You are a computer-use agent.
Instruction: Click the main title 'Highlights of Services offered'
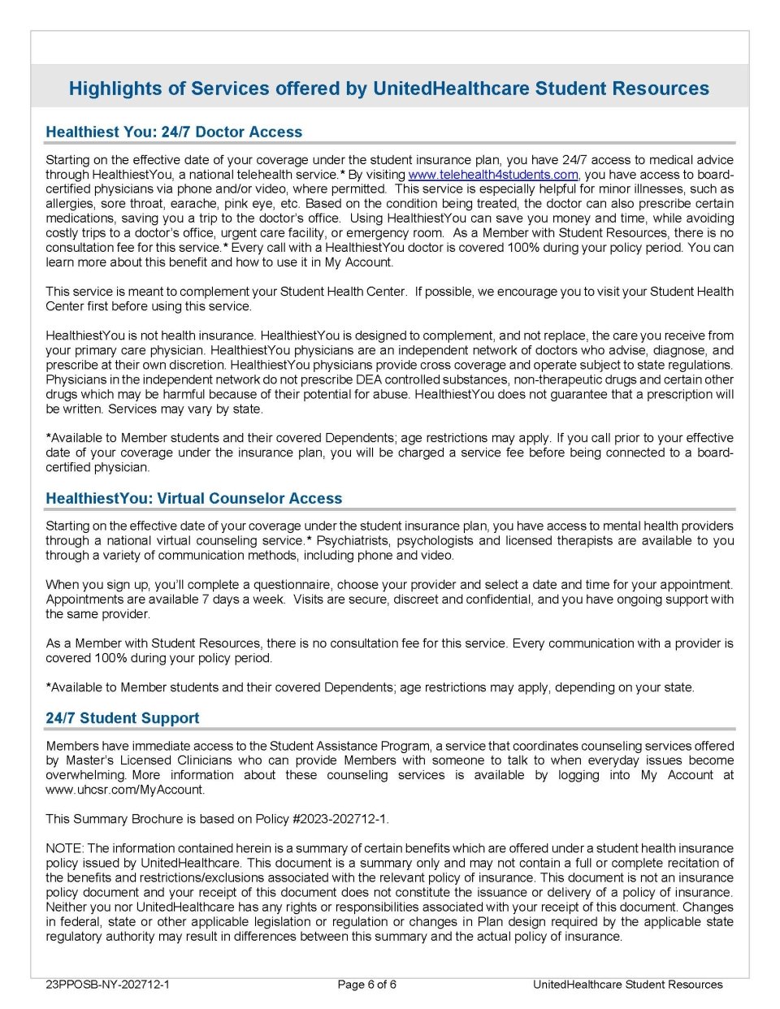click(x=388, y=89)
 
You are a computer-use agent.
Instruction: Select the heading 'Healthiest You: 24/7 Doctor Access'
click(x=174, y=132)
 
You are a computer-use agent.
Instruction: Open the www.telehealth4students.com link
click(x=492, y=175)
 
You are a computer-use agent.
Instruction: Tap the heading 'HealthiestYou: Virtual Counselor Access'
click(x=193, y=499)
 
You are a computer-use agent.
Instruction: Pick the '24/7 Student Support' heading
click(x=122, y=718)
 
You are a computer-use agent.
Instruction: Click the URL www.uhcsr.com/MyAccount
click(x=124, y=790)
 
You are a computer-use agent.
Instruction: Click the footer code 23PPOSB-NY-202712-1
click(x=107, y=985)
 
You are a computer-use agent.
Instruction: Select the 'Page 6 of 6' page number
click(x=366, y=985)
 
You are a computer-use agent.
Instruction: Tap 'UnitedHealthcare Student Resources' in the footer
click(x=627, y=985)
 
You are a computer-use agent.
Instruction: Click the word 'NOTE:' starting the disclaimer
click(x=64, y=848)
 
